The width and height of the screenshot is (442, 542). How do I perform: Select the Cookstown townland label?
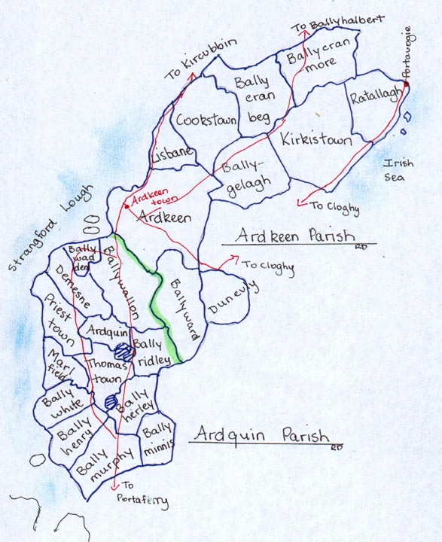(206, 120)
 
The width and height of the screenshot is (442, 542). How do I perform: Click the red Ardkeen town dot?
(126, 206)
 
